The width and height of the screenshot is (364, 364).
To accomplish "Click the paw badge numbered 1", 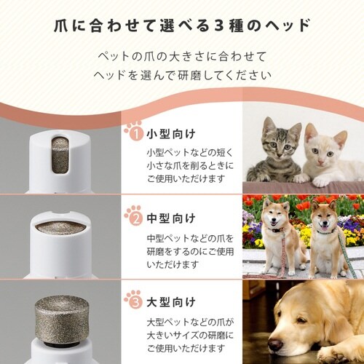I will [x=134, y=134].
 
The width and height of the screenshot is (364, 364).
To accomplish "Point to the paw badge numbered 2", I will [x=134, y=217].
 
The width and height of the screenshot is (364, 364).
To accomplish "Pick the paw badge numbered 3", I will [x=134, y=299].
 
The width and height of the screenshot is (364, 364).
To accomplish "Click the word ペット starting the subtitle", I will [x=111, y=57].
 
